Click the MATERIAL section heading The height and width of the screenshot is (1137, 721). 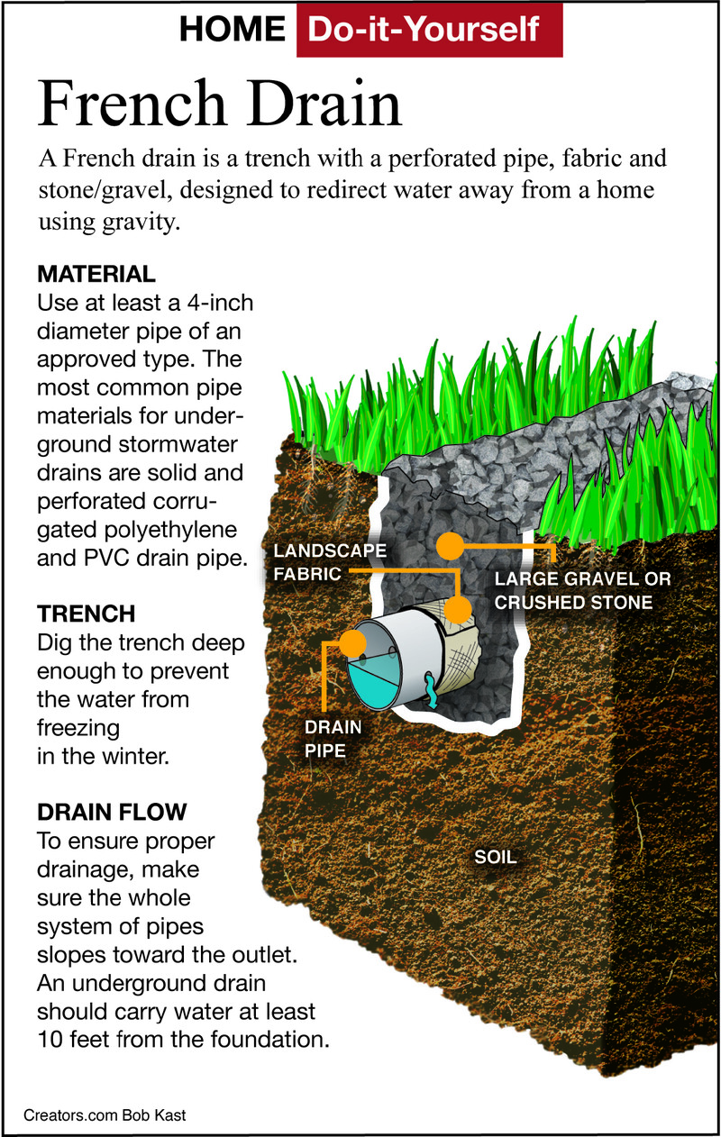pyautogui.click(x=96, y=273)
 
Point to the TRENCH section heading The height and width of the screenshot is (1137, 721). pyautogui.click(x=87, y=614)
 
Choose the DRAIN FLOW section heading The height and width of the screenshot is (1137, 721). pyautogui.click(x=112, y=812)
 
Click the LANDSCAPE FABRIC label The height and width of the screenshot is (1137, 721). pyautogui.click(x=330, y=561)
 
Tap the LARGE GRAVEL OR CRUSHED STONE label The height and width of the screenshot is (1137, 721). pyautogui.click(x=582, y=590)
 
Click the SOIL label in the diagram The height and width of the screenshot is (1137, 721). pyautogui.click(x=496, y=857)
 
